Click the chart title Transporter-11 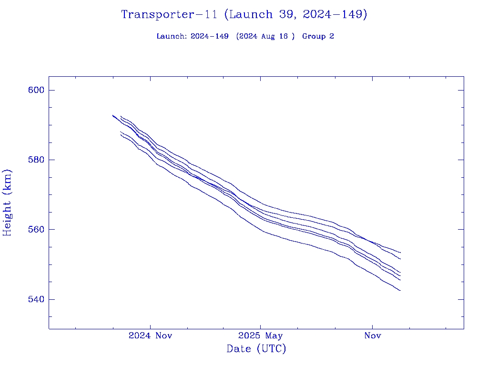click(x=169, y=15)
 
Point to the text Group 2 click(x=318, y=36)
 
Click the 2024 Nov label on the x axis click(x=150, y=335)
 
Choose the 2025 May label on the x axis click(x=260, y=335)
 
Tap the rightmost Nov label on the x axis click(x=372, y=335)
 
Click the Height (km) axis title click(x=7, y=202)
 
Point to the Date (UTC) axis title click(x=256, y=349)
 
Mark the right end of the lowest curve click(x=400, y=290)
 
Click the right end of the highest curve click(x=400, y=252)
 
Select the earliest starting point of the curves click(x=113, y=115)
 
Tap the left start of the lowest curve click(x=121, y=134)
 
